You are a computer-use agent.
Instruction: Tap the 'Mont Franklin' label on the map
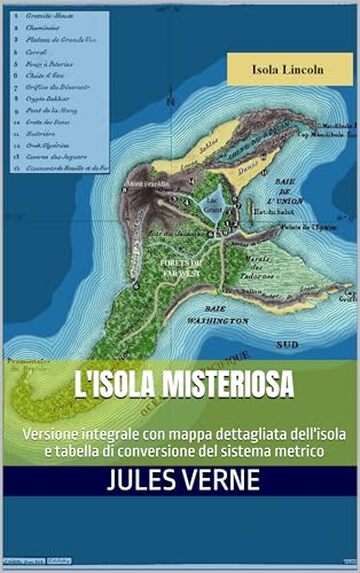(147, 183)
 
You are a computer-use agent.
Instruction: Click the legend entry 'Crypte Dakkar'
(50, 103)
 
